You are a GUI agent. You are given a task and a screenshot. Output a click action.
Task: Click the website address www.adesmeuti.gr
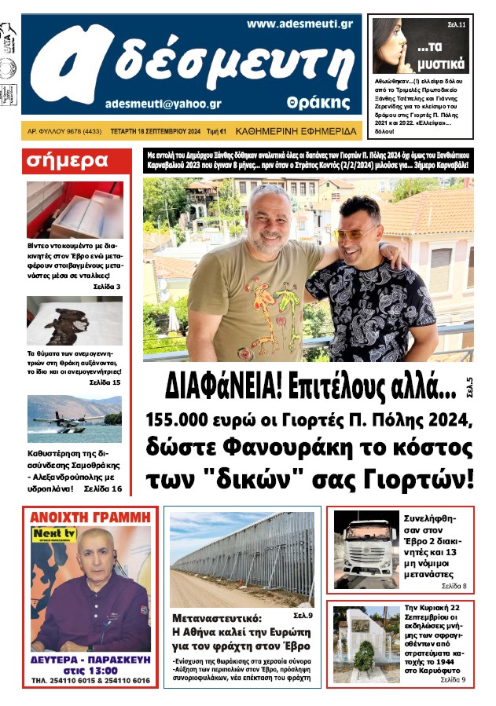click(x=299, y=24)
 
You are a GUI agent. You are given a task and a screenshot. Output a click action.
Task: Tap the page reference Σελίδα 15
click(x=105, y=382)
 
